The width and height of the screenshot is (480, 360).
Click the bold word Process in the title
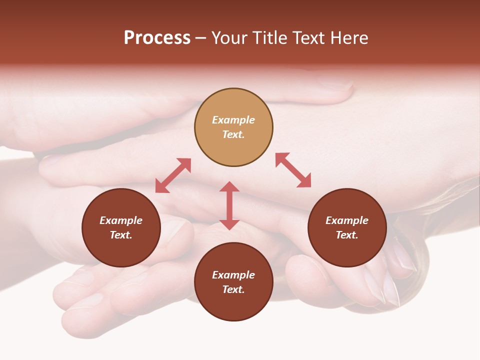tap(157, 38)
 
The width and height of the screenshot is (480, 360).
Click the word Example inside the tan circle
tap(233, 120)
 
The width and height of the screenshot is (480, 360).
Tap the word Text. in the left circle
tap(121, 235)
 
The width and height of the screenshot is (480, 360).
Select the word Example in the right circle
tap(347, 220)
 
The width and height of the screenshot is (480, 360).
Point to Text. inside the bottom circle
tap(233, 289)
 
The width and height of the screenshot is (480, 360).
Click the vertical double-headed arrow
tap(229, 205)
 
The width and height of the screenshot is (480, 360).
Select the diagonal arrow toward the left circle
tap(173, 175)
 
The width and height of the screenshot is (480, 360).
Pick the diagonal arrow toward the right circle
tap(293, 170)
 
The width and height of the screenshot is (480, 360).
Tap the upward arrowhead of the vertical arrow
tap(229, 186)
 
